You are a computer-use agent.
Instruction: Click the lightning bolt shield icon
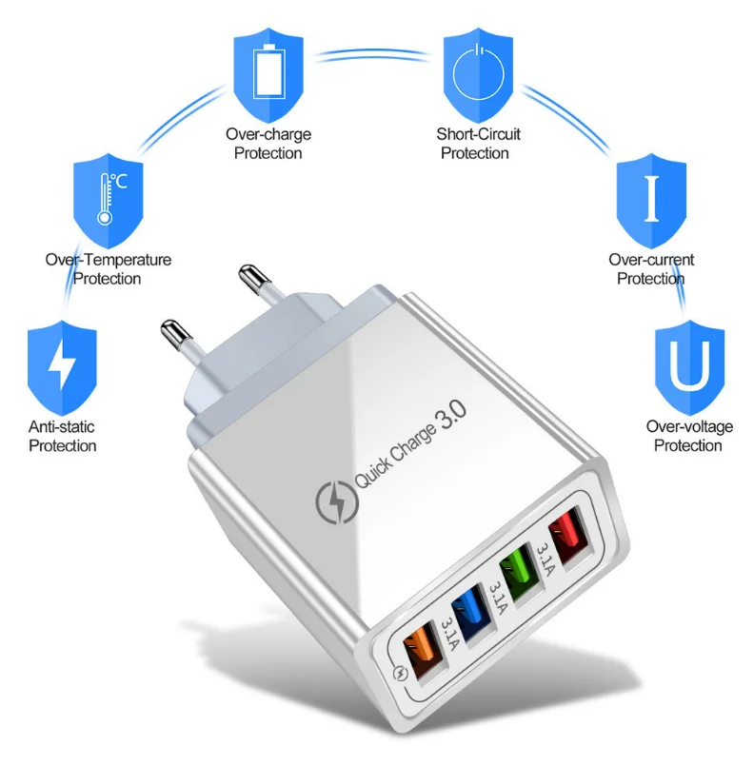[62, 362]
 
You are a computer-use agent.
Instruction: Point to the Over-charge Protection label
[268, 144]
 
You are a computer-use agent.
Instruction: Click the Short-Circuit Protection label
[478, 144]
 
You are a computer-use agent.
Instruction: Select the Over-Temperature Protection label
[108, 269]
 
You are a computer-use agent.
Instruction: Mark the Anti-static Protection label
[62, 437]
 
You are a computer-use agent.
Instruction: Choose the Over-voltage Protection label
[689, 436]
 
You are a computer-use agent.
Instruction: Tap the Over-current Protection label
[651, 269]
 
